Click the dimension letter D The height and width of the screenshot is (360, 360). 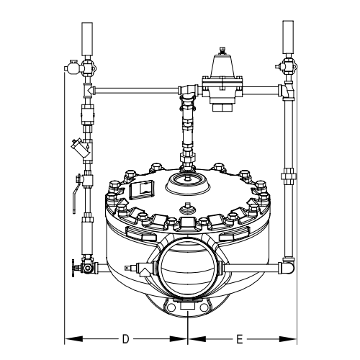click(x=125, y=338)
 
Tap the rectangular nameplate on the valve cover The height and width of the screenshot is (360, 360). click(x=140, y=189)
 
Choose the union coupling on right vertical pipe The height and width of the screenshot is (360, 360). click(x=288, y=176)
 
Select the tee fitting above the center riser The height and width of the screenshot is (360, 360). click(x=187, y=91)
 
